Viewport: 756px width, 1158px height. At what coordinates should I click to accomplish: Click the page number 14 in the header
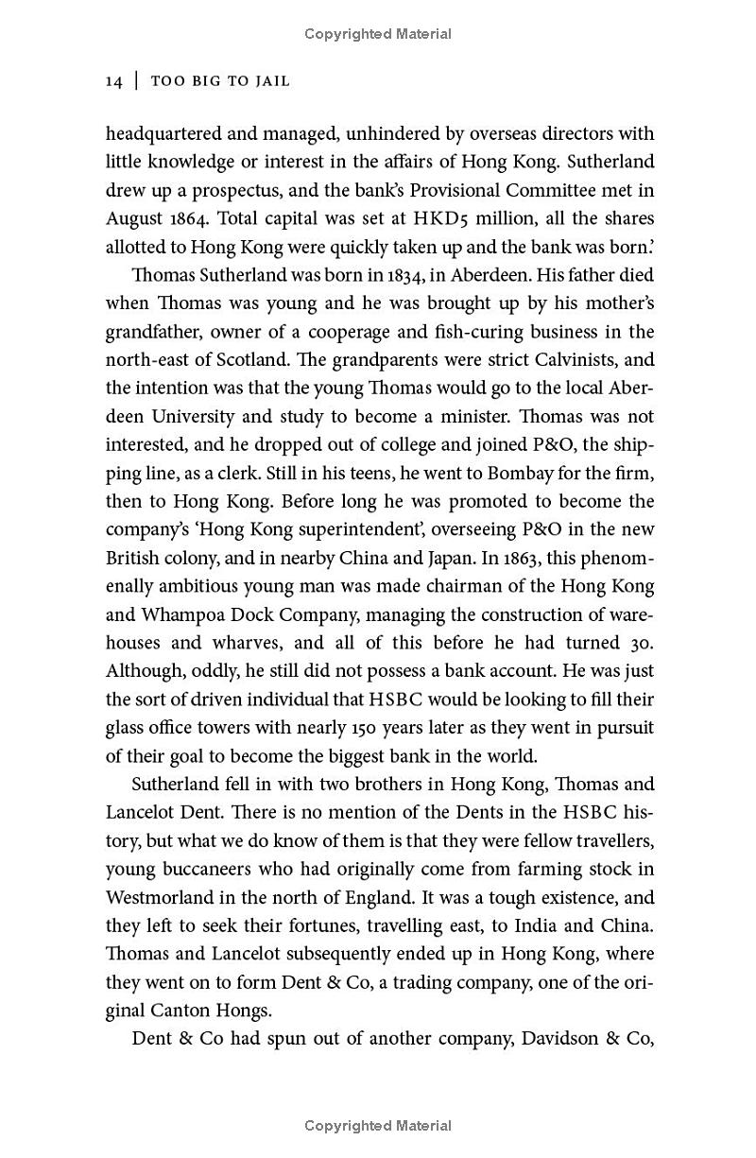[113, 81]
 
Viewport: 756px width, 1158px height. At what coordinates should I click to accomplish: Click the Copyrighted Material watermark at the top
[378, 34]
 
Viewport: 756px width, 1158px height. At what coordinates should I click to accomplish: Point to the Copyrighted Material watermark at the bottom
[378, 1126]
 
